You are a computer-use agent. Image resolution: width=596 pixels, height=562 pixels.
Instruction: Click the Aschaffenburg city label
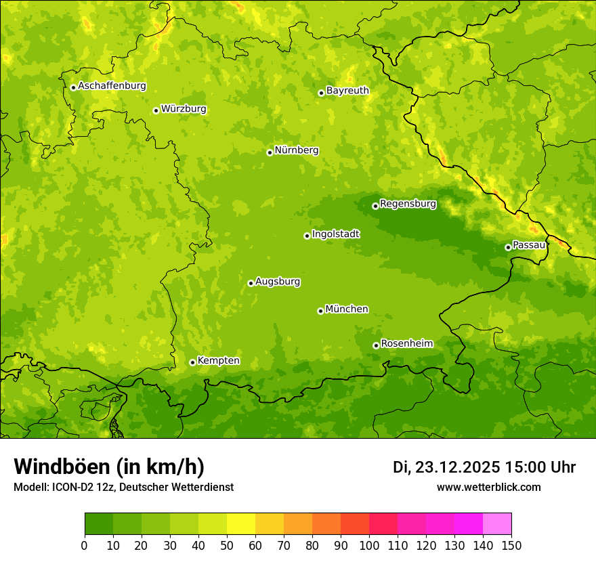tap(112, 86)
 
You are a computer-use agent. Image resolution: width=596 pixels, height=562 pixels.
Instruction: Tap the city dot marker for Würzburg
tap(156, 110)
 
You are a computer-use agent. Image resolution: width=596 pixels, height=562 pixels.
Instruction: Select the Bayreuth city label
tap(347, 91)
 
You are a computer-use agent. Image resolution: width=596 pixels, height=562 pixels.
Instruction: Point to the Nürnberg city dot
tap(270, 152)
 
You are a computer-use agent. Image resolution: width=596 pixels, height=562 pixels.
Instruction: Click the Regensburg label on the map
tap(408, 204)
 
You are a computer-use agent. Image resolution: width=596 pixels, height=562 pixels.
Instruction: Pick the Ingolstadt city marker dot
tap(307, 236)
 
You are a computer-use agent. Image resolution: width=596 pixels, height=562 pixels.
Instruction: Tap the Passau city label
tap(528, 245)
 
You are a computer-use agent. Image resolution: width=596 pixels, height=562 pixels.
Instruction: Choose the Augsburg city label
tap(278, 282)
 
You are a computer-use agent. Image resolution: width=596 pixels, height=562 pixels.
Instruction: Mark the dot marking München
tap(320, 311)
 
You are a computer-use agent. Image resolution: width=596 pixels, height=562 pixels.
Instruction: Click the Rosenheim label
tap(406, 344)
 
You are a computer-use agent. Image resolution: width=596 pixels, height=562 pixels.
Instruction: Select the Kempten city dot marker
tap(192, 362)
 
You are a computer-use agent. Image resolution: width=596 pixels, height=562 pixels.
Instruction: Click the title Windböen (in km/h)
tap(109, 467)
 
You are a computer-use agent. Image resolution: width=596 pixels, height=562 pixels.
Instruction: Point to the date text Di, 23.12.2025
tap(446, 468)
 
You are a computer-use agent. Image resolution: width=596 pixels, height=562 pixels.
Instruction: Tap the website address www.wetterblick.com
tap(488, 487)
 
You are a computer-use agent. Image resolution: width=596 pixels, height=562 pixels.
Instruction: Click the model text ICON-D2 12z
tap(80, 487)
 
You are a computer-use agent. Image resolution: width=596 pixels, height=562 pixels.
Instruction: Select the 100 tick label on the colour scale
tap(369, 545)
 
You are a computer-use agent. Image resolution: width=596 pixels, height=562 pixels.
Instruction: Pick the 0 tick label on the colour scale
tap(85, 545)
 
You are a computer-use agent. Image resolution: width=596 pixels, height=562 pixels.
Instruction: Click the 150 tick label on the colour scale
tap(511, 545)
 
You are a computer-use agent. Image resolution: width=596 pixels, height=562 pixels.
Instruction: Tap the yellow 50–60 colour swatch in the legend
tap(241, 523)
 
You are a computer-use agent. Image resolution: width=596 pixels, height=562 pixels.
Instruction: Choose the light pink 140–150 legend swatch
tap(497, 523)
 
